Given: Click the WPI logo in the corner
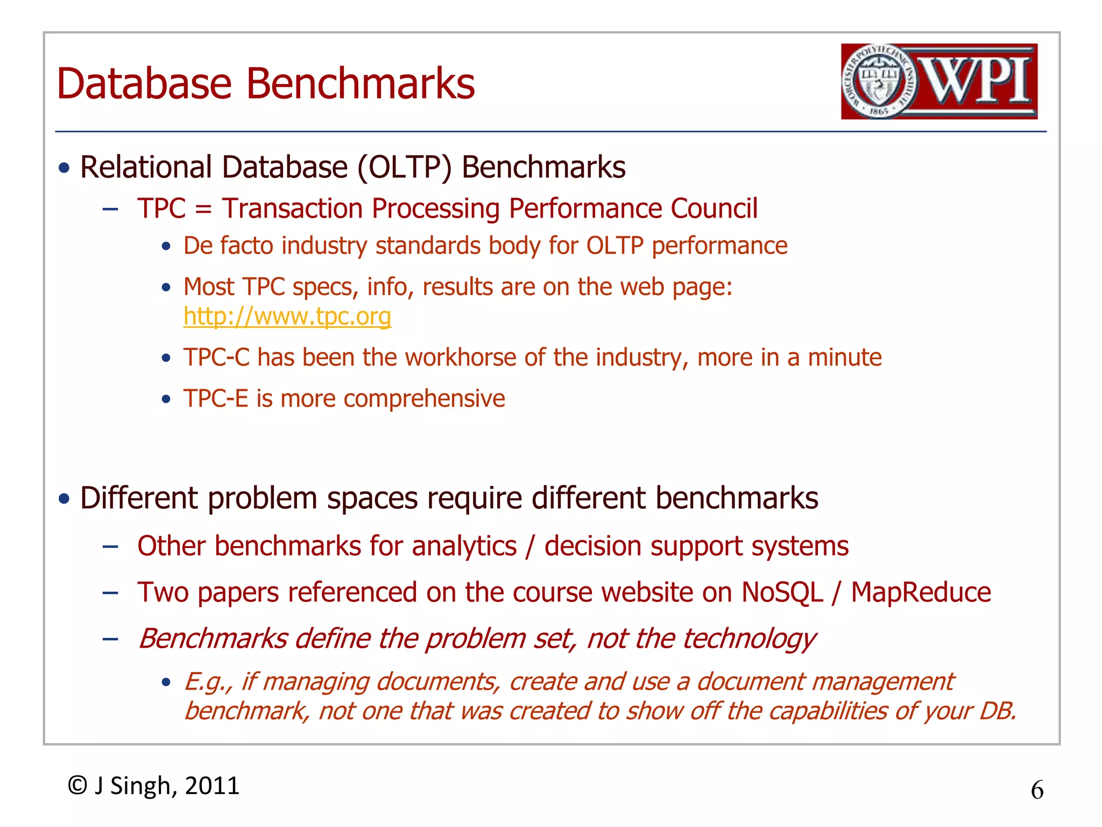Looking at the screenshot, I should point(939,81).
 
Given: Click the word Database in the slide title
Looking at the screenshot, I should point(144,84).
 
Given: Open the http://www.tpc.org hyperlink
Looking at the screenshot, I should point(287,317).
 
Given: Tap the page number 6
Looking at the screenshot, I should point(1037,790).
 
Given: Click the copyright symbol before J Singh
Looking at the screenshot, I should point(77,786).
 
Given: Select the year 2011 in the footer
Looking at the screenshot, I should point(212,786).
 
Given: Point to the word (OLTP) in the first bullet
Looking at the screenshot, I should point(405,167).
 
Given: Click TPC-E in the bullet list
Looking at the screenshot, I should point(215,398).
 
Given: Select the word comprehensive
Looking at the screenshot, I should point(424,399).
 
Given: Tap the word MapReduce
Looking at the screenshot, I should point(921,592).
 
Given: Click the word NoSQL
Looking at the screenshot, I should point(782,592).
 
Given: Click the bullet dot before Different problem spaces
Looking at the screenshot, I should point(65,499).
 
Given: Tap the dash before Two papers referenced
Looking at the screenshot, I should point(110,593).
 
